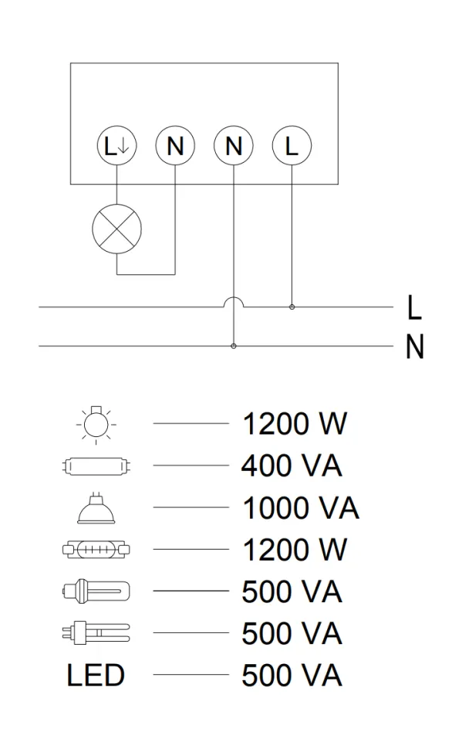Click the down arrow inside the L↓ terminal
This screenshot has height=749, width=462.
tap(123, 146)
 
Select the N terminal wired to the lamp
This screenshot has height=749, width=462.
tap(175, 146)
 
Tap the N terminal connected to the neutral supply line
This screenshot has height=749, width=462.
tap(234, 146)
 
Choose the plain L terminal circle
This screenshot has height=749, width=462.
tap(292, 146)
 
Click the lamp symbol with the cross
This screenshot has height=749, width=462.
tap(117, 229)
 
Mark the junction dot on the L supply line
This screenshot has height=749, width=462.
tap(292, 307)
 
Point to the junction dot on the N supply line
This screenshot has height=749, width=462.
tap(234, 346)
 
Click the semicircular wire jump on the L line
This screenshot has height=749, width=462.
tap(234, 299)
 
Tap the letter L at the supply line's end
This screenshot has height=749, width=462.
tap(414, 307)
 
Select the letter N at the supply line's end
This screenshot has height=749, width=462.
tap(414, 347)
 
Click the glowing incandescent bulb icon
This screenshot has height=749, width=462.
tap(96, 424)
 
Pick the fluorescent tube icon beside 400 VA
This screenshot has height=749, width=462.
tap(97, 466)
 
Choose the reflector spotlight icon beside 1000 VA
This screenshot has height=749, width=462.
tap(97, 508)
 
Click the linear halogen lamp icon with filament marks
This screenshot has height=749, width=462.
tap(97, 549)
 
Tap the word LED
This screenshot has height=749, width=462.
tap(96, 676)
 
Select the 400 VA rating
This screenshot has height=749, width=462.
tap(292, 466)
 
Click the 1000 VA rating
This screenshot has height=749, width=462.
tap(301, 508)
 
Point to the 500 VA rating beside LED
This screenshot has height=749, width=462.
tap(292, 676)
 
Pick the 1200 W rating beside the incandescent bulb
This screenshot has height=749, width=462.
tap(295, 424)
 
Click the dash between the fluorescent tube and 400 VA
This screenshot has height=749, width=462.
tap(191, 466)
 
